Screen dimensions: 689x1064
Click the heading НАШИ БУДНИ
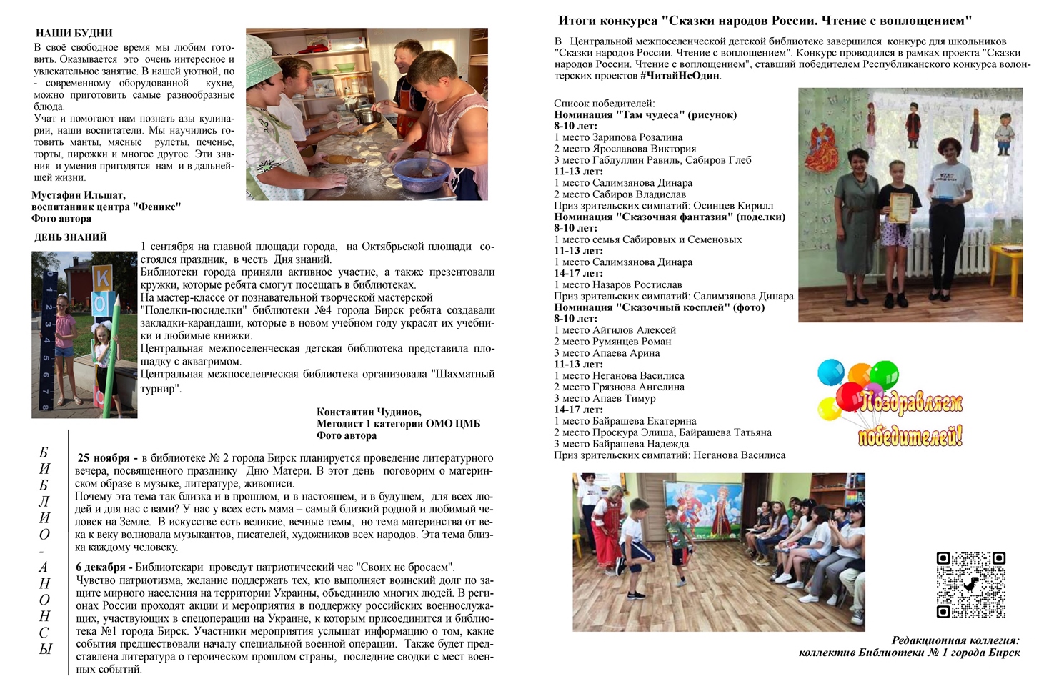[74, 33]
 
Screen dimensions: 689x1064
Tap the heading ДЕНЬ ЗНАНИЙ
[71, 237]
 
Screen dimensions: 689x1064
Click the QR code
[970, 584]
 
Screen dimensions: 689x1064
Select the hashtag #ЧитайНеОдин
[680, 76]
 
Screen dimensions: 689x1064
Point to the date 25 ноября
[104, 458]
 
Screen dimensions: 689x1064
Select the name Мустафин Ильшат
[79, 195]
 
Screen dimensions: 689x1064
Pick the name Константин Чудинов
[369, 412]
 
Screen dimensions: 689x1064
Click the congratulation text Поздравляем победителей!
[910, 421]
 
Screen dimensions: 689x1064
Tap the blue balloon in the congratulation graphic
[830, 372]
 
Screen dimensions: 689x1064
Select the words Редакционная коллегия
[955, 640]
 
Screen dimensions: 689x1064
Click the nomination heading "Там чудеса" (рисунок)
[645, 114]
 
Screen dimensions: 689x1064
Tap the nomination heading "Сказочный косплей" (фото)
[659, 307]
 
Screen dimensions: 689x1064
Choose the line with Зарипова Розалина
[618, 137]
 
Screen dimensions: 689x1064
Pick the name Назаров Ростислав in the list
[618, 284]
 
